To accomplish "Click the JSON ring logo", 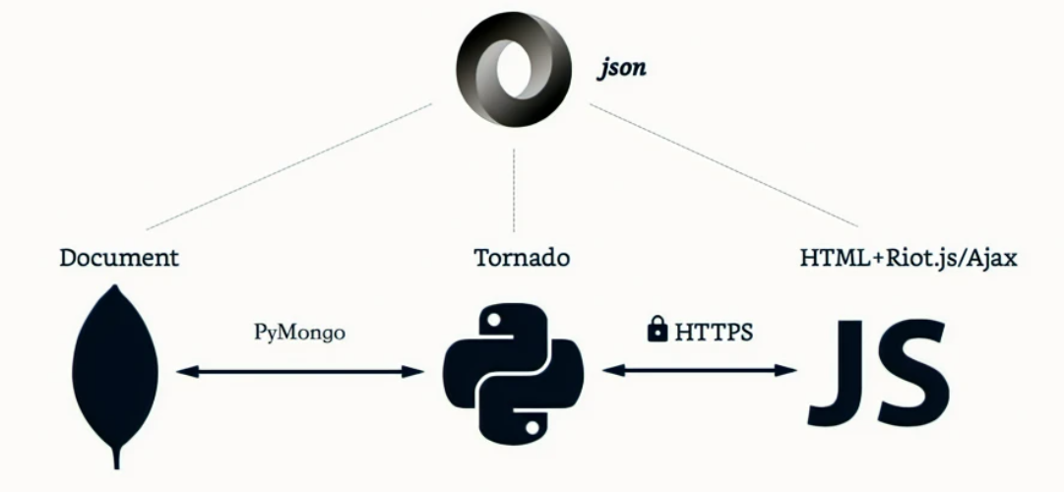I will pos(513,70).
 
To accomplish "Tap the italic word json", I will pos(622,70).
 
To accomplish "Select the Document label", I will pos(119,259).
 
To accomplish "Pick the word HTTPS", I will pos(714,333).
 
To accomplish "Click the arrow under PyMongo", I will pos(299,371).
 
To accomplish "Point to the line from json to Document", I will pos(285,165).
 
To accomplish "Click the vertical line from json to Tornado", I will pos(514,187).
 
